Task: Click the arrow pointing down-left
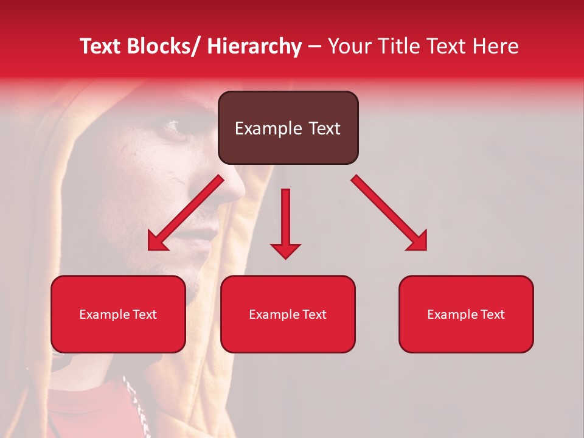pos(185,214)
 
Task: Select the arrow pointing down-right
pos(389,214)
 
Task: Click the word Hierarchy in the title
pos(254,46)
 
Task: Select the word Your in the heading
pos(349,46)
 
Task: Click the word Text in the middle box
pos(314,315)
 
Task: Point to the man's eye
pos(172,127)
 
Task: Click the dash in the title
pos(315,46)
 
